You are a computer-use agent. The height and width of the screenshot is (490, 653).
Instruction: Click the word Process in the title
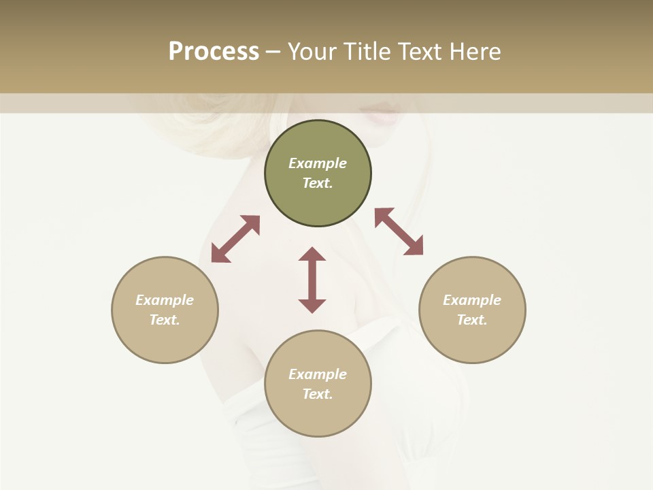214,52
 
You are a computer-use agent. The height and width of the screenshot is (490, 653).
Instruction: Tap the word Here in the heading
474,52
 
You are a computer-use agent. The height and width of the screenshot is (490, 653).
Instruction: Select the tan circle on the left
165,340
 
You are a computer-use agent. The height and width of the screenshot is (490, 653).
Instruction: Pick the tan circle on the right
472,340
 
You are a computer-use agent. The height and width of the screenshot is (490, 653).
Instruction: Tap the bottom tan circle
318,415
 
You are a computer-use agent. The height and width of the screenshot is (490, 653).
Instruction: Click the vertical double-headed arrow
312,280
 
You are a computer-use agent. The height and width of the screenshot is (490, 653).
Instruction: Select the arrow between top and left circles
235,239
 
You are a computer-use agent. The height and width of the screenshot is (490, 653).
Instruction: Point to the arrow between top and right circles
399,231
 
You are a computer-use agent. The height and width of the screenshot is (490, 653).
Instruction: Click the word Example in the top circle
318,163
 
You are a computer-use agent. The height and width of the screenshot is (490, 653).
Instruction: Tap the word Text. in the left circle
165,320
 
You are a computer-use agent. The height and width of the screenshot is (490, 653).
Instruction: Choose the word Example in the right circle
472,300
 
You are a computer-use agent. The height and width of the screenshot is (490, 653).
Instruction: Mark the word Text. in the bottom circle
318,394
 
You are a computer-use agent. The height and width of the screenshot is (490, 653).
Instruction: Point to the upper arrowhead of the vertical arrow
312,255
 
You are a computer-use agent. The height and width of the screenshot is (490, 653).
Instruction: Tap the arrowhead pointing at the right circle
414,246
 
